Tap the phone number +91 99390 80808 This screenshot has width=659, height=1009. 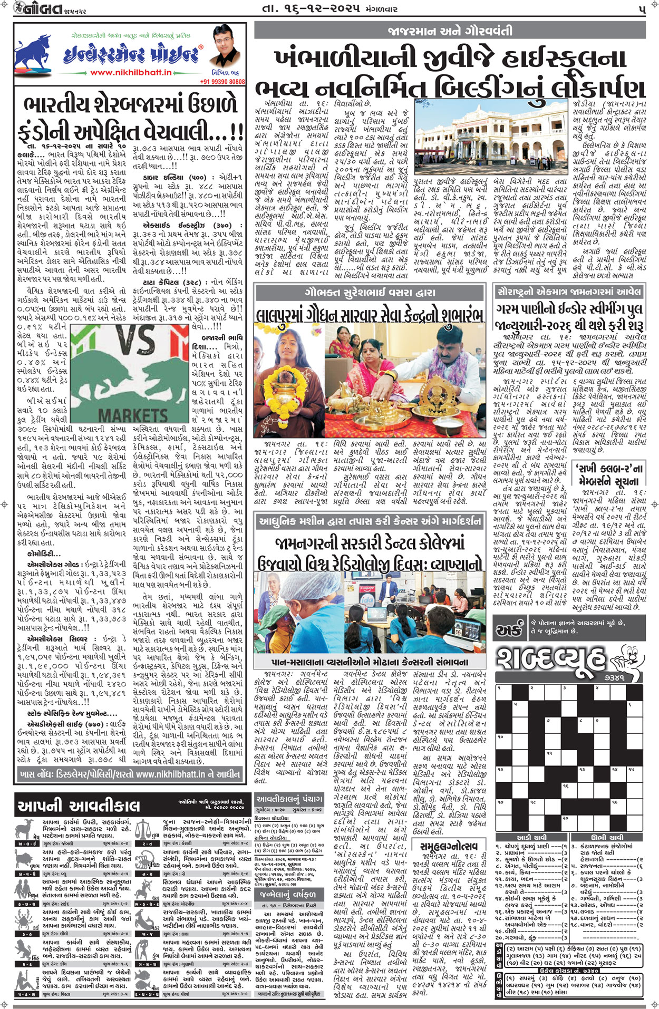pyautogui.click(x=222, y=82)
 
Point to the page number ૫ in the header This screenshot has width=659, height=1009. pyautogui.click(x=642, y=9)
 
